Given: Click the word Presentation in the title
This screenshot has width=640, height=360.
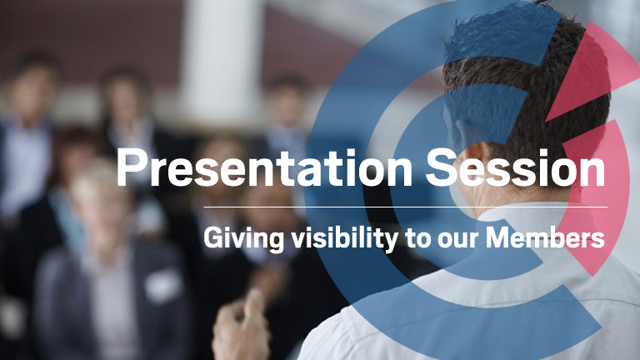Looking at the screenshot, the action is pyautogui.click(x=264, y=167).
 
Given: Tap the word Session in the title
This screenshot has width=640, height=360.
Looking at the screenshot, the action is pyautogui.click(x=516, y=167).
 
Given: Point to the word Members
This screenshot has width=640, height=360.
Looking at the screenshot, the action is pyautogui.click(x=545, y=237).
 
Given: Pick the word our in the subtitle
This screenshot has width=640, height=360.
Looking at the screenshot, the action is pyautogui.click(x=459, y=240).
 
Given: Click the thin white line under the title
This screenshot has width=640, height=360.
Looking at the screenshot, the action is pyautogui.click(x=405, y=207).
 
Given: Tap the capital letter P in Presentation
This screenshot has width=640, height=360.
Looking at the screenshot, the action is pyautogui.click(x=131, y=167).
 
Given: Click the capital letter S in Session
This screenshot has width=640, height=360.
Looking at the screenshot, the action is pyautogui.click(x=441, y=167).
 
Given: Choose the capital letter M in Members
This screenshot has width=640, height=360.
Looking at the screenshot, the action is pyautogui.click(x=498, y=237).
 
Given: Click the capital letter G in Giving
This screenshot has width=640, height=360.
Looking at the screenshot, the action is pyautogui.click(x=213, y=237).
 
